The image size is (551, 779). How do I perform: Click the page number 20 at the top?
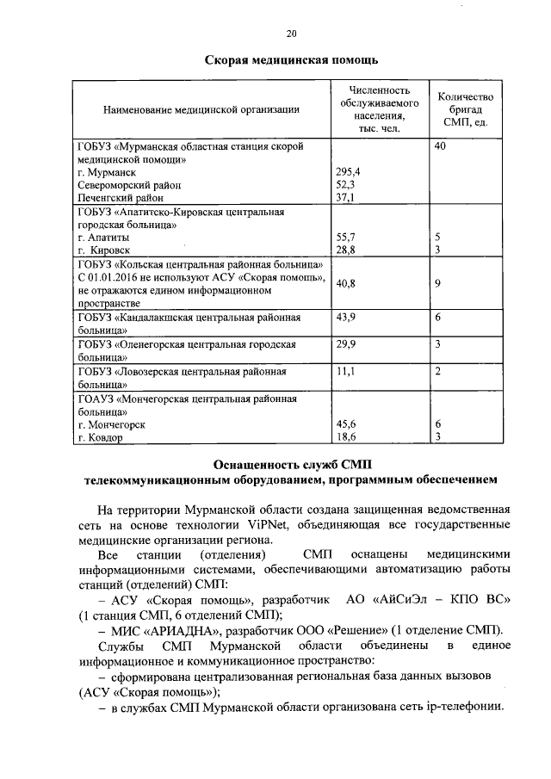point(291,34)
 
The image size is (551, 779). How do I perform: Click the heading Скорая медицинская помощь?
point(291,61)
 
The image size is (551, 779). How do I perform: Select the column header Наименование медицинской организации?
point(201,109)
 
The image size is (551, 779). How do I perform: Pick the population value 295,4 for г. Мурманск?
point(348,171)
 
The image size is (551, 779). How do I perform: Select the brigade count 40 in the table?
point(441,147)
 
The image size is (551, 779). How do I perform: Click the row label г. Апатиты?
point(103,236)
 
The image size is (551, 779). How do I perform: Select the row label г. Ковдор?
point(100,437)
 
